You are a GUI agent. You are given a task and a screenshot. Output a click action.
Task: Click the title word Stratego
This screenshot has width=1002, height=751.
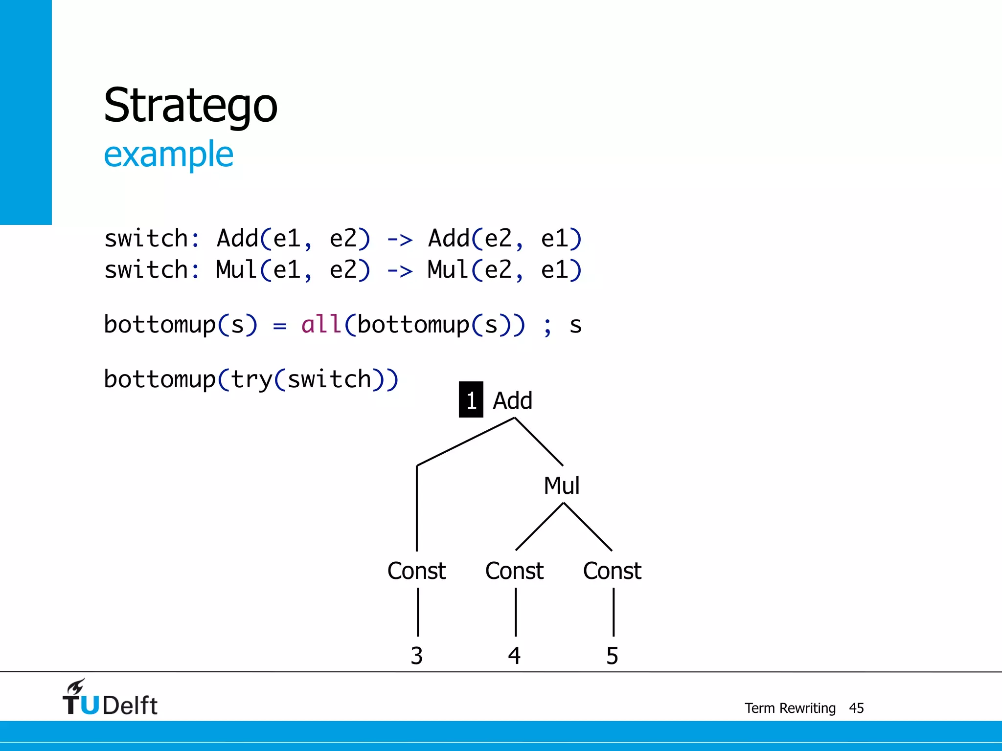190,106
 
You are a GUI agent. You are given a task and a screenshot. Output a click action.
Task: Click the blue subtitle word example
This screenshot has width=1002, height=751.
168,155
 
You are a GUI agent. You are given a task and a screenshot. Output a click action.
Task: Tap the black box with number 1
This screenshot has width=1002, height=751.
471,400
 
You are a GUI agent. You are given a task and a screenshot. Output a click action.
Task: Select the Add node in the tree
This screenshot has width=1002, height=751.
512,400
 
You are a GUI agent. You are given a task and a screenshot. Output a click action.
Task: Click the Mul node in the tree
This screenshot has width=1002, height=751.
562,486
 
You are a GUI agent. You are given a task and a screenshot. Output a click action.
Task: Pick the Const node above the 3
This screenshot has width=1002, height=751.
416,571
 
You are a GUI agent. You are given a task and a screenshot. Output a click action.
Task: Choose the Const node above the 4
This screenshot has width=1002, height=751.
514,571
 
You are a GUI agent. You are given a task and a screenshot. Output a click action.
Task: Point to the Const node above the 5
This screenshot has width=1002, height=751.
612,571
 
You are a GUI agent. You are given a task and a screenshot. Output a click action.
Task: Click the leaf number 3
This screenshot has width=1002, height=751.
416,656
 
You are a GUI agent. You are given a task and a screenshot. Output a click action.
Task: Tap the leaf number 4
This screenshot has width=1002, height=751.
514,656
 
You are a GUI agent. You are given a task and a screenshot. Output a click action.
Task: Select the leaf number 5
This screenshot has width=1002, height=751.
612,656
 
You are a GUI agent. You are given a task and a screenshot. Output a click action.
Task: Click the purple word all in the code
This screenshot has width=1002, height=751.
321,324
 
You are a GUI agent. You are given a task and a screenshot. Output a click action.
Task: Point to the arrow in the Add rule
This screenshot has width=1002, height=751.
400,240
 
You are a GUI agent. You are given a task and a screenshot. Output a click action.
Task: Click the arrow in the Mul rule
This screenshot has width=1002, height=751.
400,271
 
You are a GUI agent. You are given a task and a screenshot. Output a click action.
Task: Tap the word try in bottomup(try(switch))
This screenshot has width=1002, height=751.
251,379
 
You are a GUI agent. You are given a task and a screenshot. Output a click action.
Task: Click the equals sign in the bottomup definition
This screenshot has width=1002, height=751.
279,326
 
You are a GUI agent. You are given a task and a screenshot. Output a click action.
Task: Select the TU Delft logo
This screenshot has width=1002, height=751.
110,698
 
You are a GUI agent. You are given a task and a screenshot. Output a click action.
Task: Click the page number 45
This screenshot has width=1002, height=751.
856,708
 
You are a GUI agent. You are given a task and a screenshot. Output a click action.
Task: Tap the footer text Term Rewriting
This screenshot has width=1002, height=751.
790,708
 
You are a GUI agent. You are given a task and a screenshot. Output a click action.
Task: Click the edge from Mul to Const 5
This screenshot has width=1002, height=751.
588,527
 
